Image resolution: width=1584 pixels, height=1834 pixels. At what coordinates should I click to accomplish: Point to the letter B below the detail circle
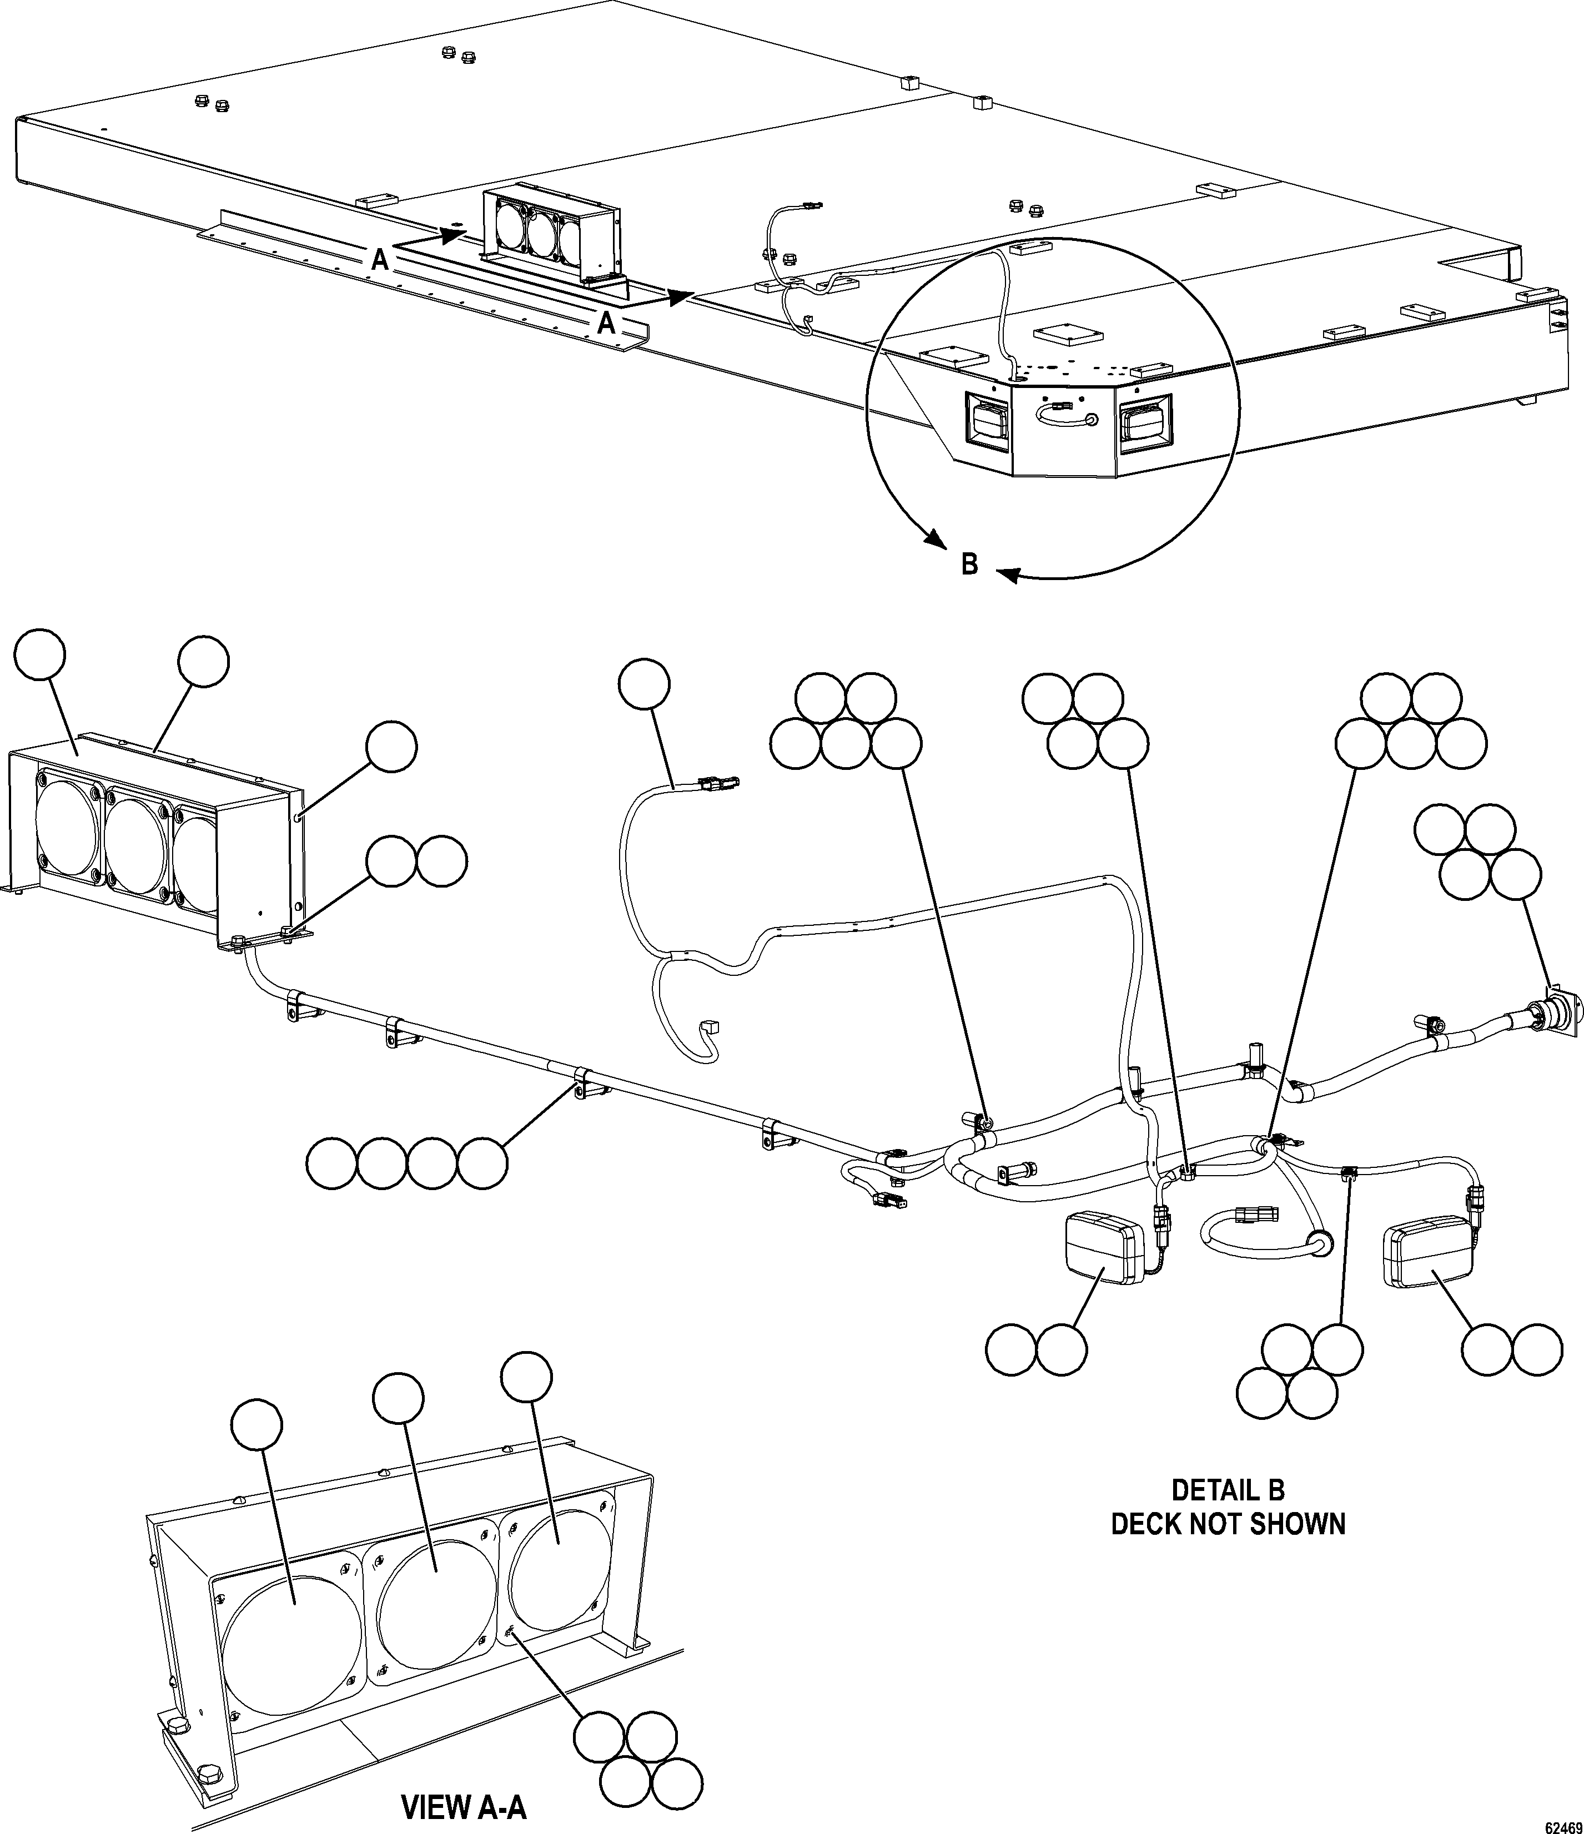coord(969,564)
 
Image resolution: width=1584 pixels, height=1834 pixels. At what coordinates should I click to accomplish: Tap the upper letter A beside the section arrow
coord(379,259)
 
